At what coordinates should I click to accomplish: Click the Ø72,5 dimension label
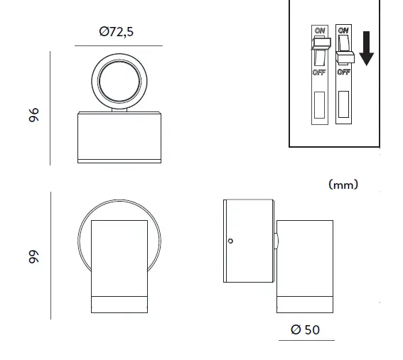point(118,31)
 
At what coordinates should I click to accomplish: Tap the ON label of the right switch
point(343,31)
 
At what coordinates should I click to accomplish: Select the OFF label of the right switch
point(343,72)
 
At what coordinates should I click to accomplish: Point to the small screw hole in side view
point(230,241)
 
